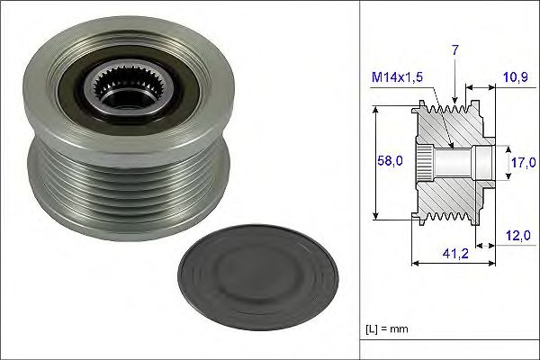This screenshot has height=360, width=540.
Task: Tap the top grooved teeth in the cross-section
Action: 448,109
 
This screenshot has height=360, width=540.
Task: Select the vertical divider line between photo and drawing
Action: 361,180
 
